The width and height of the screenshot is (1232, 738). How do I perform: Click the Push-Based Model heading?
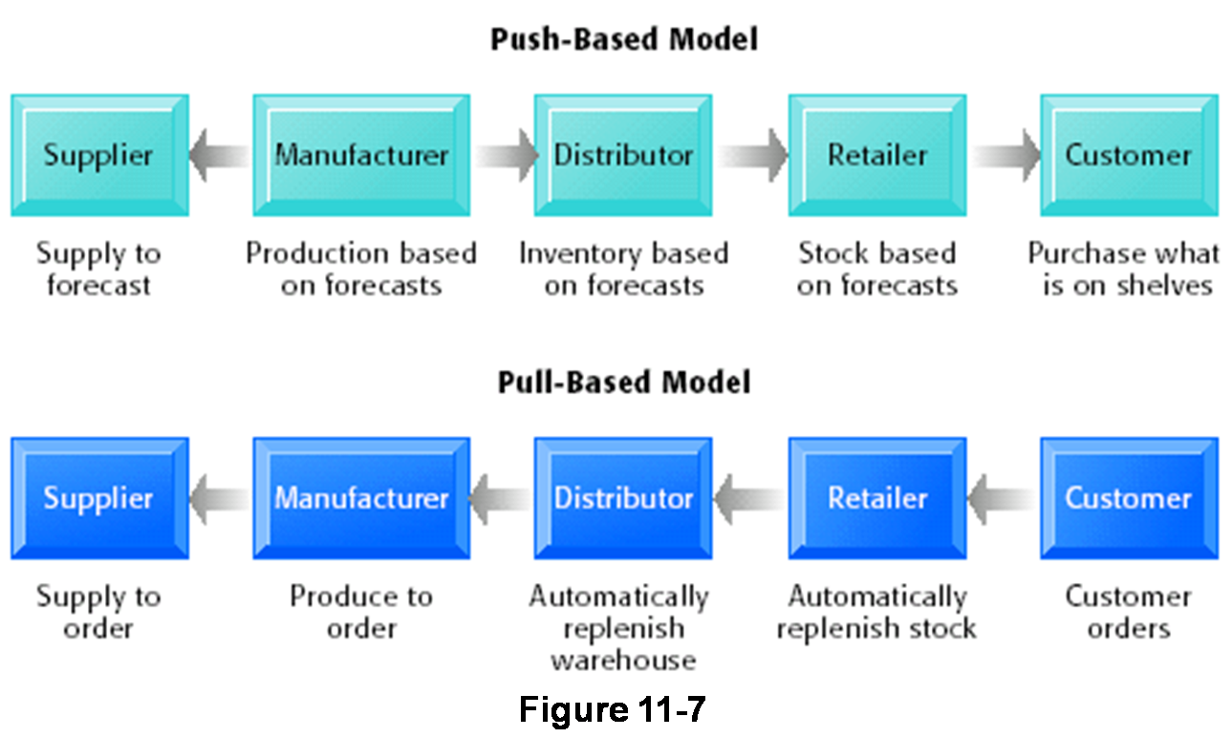623,40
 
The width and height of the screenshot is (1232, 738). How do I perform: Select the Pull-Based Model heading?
623,382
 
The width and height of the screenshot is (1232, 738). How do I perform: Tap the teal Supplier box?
99,155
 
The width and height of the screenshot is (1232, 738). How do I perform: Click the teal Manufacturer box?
361,155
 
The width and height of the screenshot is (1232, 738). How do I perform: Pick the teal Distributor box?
623,155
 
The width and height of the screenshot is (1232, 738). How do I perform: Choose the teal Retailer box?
877,155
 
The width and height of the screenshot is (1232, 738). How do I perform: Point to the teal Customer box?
1129,155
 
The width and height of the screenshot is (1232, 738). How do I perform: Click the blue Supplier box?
99,498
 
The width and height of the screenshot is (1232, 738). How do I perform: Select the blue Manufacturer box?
361,498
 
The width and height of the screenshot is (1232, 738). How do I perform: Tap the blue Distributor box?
623,498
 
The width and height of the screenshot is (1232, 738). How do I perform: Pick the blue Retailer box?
877,498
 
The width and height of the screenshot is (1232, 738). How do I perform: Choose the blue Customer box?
1129,498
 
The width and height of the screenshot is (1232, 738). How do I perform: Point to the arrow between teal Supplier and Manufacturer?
219,155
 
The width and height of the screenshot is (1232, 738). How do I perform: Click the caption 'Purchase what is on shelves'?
1125,270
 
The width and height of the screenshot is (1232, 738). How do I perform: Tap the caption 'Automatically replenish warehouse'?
620,628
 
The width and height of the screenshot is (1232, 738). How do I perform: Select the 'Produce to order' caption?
361,612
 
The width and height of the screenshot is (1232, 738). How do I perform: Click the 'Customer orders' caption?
1129,612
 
